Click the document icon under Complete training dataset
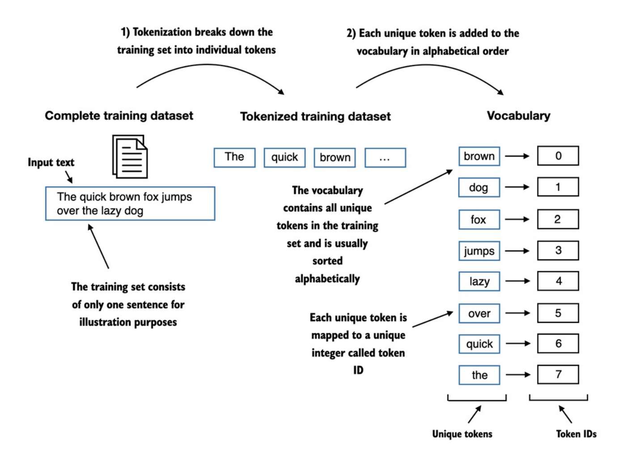(x=130, y=157)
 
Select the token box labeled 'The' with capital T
(x=234, y=157)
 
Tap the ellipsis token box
(x=385, y=158)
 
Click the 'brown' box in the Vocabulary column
(x=479, y=156)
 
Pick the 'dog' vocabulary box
(x=479, y=187)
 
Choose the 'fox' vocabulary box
(x=479, y=220)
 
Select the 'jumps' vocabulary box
(x=479, y=251)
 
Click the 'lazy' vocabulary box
(x=479, y=281)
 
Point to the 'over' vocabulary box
(x=479, y=313)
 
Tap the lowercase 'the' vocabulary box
(x=479, y=375)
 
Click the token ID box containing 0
(x=558, y=156)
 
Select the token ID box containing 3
(x=558, y=250)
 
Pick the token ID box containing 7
(x=558, y=374)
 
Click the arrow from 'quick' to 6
(x=518, y=343)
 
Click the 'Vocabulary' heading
(x=518, y=116)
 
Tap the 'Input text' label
(x=51, y=162)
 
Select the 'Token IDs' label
(x=576, y=434)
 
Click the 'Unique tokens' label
(x=462, y=434)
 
